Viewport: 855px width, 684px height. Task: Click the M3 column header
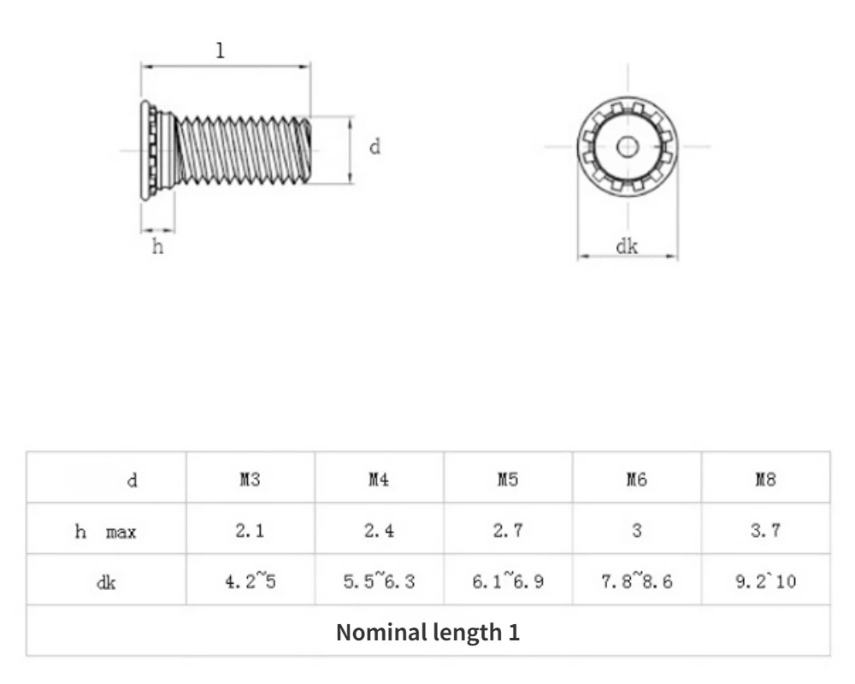click(250, 480)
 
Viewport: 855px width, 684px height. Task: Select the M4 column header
click(379, 480)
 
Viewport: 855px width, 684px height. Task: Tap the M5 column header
click(508, 480)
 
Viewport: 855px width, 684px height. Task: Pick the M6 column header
click(637, 480)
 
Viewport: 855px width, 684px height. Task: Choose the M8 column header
click(765, 480)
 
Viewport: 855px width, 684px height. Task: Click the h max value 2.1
click(250, 531)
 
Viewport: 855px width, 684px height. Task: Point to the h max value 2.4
click(379, 531)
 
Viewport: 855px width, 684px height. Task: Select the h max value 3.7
click(765, 531)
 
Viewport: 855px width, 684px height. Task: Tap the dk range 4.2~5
click(250, 582)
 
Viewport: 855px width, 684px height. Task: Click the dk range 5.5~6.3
click(379, 582)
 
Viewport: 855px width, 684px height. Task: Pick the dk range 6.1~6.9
click(508, 582)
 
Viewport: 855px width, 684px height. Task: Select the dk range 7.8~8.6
click(637, 582)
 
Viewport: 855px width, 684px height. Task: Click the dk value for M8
click(765, 582)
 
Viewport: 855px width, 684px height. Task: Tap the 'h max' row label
click(106, 532)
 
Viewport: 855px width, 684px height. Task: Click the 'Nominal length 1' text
click(427, 633)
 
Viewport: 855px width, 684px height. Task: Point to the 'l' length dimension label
click(221, 50)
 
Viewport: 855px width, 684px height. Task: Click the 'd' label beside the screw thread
click(374, 147)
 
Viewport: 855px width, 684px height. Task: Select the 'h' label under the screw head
click(157, 248)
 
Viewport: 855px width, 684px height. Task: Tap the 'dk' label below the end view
click(627, 247)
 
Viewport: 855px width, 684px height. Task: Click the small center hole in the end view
click(628, 146)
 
